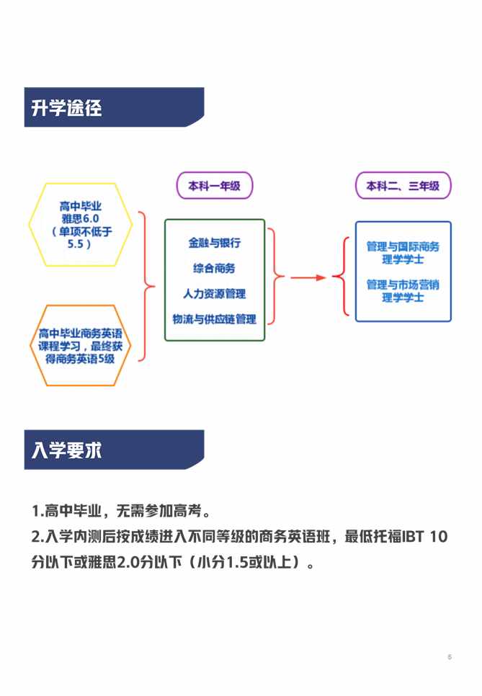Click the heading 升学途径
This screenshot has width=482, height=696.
(x=66, y=108)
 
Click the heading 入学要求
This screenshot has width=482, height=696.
(x=66, y=450)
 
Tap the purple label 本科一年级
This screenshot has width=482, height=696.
(x=215, y=186)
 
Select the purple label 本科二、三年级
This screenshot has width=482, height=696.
(x=403, y=186)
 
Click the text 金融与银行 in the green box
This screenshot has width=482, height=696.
(x=215, y=242)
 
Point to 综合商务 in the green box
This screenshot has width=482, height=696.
(x=215, y=268)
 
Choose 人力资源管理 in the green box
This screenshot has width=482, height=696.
(x=215, y=293)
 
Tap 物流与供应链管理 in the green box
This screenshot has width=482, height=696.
(x=215, y=318)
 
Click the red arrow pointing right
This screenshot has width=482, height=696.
(x=308, y=278)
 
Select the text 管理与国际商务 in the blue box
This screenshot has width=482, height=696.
(x=403, y=246)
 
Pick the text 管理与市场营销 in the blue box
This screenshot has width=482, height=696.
(x=403, y=285)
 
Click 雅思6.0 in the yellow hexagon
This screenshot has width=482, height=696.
(x=81, y=218)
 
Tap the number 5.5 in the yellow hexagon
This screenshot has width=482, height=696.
(x=76, y=244)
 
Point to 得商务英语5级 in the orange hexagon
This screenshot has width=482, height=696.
(x=81, y=359)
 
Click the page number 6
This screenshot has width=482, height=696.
(x=450, y=656)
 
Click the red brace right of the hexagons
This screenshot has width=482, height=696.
(x=146, y=286)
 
